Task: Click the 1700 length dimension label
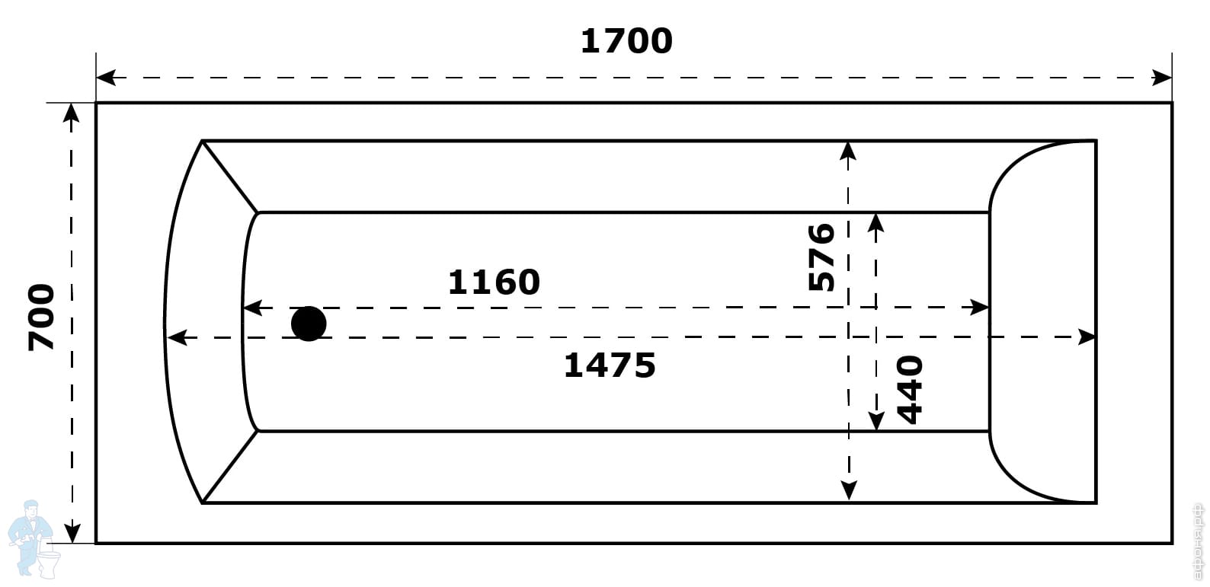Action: (x=626, y=41)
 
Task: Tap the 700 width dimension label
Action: (x=42, y=317)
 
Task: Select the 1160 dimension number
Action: (x=494, y=282)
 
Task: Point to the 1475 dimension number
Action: (x=609, y=365)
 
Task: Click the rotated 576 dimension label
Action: (x=821, y=257)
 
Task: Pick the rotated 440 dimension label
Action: (x=910, y=389)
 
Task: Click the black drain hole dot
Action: (x=309, y=324)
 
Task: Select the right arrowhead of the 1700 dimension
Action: (x=1162, y=78)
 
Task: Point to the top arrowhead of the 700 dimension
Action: (x=71, y=113)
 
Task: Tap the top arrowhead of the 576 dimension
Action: (x=848, y=151)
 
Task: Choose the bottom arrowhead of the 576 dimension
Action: (x=848, y=492)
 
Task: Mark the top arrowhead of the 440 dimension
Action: (x=876, y=222)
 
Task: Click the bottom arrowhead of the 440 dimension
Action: (x=876, y=421)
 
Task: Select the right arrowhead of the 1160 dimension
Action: (x=979, y=308)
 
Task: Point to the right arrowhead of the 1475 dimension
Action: (x=1087, y=337)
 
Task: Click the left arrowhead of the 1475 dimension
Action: (x=176, y=337)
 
